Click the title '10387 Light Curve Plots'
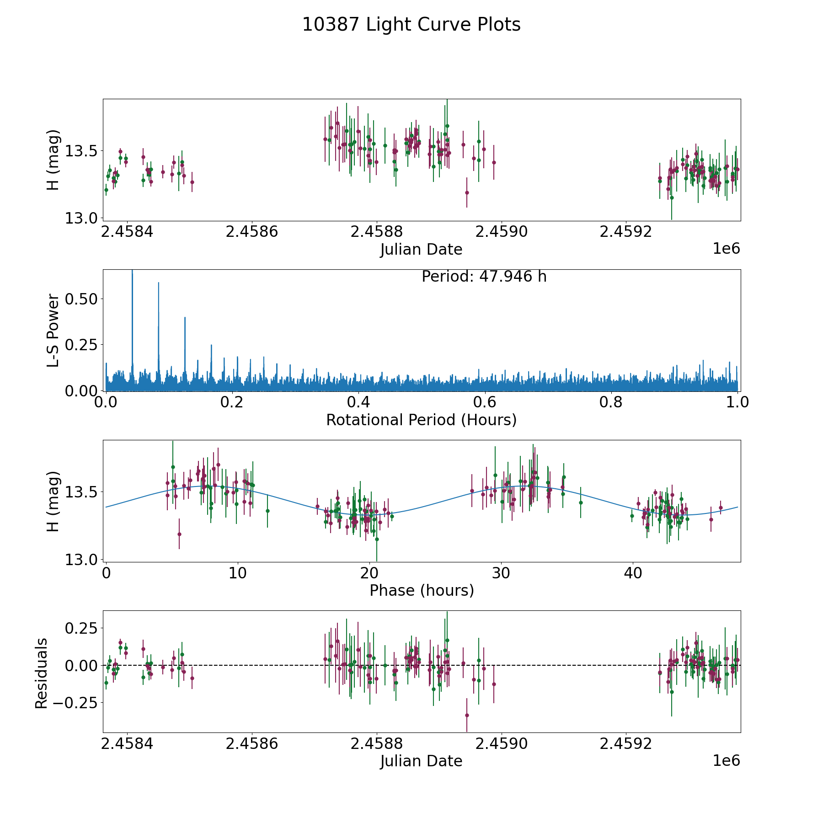411,25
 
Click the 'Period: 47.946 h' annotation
484,277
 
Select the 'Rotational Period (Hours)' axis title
421,420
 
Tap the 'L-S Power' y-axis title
53,330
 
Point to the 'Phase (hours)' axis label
421,590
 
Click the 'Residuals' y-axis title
41,673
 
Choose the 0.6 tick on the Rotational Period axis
485,402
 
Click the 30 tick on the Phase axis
501,573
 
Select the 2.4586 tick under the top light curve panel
252,232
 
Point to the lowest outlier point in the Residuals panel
467,715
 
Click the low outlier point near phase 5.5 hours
179,534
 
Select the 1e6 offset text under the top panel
726,249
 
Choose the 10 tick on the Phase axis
237,573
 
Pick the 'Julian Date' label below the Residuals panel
421,761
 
